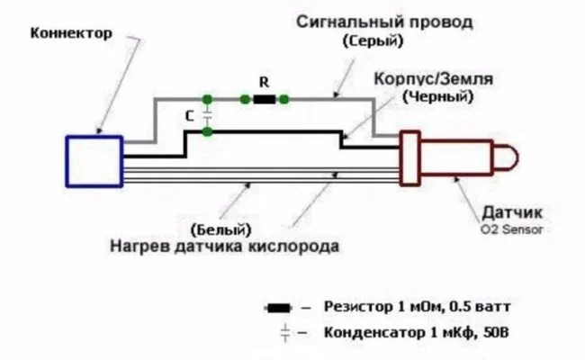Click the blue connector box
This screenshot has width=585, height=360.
[x=94, y=161]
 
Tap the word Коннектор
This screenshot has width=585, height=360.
[x=71, y=34]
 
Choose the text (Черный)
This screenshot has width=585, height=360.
[x=438, y=95]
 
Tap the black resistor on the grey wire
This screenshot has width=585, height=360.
[x=264, y=97]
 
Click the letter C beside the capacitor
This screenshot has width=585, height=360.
[x=187, y=115]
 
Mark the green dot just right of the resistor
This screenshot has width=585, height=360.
[x=283, y=97]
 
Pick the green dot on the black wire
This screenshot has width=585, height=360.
[x=208, y=132]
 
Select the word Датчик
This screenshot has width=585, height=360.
[x=510, y=213]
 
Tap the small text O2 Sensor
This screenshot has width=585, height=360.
[x=511, y=229]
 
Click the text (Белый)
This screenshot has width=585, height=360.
[x=221, y=229]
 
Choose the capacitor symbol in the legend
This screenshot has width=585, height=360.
[x=285, y=333]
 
